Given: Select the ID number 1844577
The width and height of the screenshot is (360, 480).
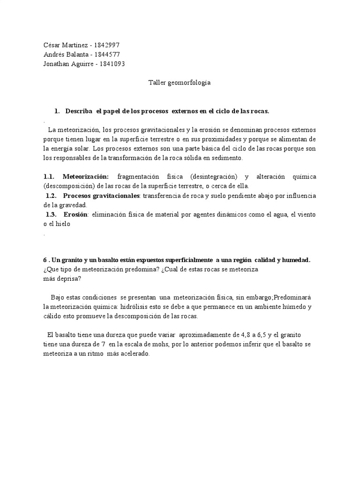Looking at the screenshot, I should [108, 54].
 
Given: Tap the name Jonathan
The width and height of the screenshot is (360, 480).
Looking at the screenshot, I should [57, 64].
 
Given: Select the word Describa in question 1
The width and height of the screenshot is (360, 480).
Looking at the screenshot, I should [80, 111].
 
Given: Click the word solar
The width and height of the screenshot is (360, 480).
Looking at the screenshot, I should [81, 149].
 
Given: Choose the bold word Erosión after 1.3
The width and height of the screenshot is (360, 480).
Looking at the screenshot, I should [76, 214].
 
